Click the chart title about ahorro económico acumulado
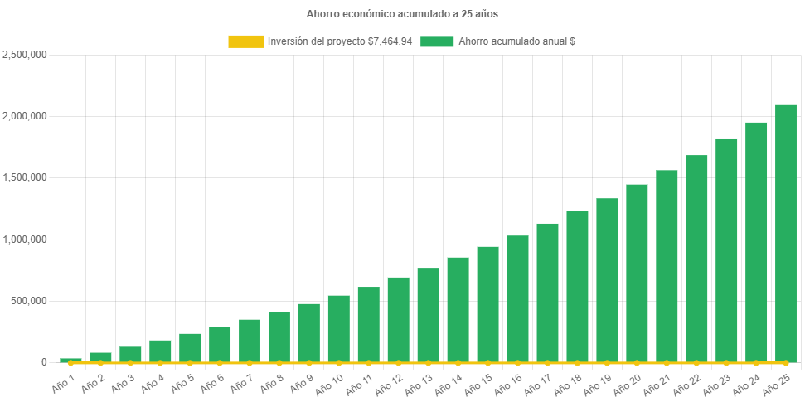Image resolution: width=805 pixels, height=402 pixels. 402,14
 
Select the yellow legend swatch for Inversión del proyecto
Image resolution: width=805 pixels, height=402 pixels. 245,41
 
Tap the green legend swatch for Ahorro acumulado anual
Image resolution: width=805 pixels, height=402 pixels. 437,41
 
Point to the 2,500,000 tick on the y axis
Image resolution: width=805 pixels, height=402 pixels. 25,55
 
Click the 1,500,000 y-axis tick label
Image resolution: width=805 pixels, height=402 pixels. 25,177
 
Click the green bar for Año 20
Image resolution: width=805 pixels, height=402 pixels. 637,274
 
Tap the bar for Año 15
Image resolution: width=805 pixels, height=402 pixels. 487,304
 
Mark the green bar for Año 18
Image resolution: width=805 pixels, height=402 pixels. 577,287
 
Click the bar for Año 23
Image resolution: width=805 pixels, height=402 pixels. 726,250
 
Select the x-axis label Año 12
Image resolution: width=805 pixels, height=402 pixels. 390,384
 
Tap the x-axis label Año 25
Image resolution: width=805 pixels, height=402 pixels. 778,384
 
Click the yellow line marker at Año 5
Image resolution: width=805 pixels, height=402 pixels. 190,363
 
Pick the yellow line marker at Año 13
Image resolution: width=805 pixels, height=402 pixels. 428,363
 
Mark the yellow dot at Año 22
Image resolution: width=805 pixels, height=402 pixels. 696,363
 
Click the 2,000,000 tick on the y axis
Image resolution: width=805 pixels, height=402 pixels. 25,116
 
